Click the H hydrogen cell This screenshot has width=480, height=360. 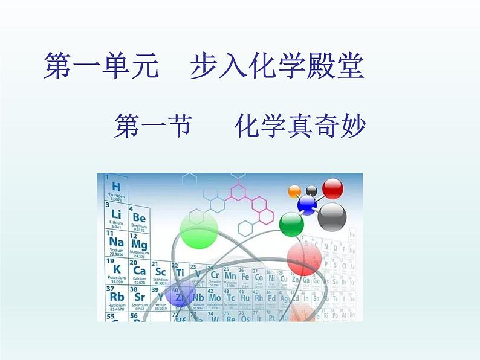[116, 188]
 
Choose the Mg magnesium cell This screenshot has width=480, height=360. [139, 245]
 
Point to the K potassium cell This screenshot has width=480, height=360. [117, 270]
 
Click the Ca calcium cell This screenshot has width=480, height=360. [139, 271]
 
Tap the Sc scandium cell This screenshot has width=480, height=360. [161, 271]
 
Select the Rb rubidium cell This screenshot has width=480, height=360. [117, 297]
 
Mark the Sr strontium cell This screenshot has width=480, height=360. [139, 298]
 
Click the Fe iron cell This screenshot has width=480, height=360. [245, 276]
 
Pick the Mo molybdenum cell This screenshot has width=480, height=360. [215, 298]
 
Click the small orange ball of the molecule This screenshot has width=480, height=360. [294, 191]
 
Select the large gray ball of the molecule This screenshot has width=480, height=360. [332, 216]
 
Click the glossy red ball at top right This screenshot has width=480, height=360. [332, 188]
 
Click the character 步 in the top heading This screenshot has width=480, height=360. [204, 66]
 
